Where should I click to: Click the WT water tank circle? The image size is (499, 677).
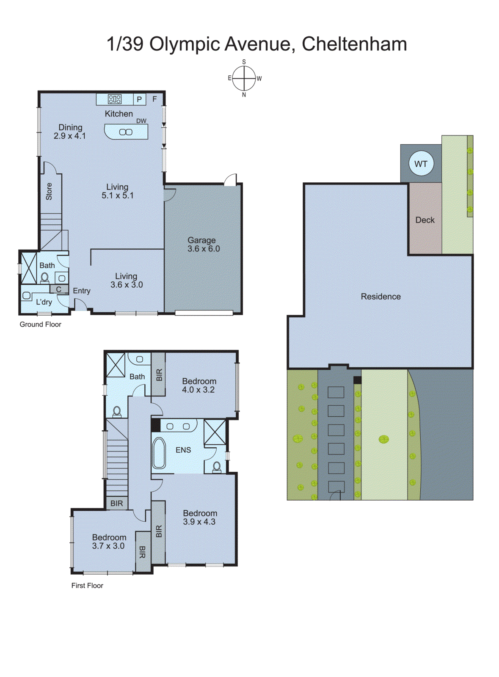click(421, 164)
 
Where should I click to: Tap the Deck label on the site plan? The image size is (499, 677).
click(425, 220)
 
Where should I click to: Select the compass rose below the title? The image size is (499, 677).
click(244, 78)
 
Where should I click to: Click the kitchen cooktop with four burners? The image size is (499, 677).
click(115, 99)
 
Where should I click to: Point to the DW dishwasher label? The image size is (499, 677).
click(141, 121)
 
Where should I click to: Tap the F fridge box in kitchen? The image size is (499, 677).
click(155, 99)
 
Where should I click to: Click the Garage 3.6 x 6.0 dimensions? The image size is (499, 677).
click(204, 249)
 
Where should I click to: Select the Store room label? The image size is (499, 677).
click(49, 191)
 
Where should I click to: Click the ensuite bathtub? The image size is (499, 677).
click(159, 453)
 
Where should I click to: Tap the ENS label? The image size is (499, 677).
click(183, 450)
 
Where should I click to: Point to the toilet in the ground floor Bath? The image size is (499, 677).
click(45, 278)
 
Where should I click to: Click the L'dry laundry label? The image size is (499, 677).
click(44, 302)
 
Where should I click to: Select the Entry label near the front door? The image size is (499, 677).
click(82, 291)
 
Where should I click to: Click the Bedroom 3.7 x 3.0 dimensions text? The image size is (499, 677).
click(108, 546)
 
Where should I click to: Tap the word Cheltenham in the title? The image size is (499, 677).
click(354, 44)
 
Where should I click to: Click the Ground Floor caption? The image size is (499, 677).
click(40, 325)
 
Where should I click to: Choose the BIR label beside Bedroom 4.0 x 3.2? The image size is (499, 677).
click(159, 375)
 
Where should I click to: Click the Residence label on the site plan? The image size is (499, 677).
click(380, 297)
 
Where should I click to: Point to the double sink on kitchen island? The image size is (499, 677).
click(126, 132)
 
